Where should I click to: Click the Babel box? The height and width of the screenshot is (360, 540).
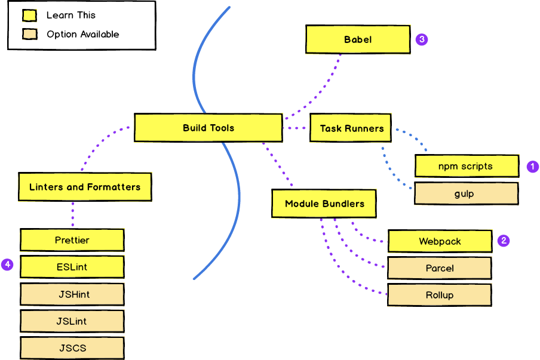358,39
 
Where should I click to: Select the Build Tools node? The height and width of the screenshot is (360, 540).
208,128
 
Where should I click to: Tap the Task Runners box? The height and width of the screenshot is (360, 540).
351,128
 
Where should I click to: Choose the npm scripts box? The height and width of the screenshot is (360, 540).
467,166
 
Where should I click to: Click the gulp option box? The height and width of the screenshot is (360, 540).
467,194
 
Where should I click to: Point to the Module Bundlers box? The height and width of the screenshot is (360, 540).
324,204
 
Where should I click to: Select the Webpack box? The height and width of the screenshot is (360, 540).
440,241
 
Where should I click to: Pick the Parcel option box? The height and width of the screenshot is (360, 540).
440,268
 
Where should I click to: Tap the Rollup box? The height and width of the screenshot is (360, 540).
440,295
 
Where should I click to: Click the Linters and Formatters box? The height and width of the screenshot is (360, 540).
84,187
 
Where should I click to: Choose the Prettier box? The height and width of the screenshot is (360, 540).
72,240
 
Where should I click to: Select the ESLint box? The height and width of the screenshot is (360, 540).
72,267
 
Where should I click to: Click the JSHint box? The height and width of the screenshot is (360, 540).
72,294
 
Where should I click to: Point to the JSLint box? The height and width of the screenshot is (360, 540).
72,321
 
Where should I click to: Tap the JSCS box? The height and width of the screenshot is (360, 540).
72,347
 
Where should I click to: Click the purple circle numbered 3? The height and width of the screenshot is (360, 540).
422,39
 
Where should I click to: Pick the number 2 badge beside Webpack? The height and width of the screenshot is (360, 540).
504,241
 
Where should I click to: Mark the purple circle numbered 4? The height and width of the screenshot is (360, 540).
7,264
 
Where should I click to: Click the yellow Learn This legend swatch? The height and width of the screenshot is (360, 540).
29,16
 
